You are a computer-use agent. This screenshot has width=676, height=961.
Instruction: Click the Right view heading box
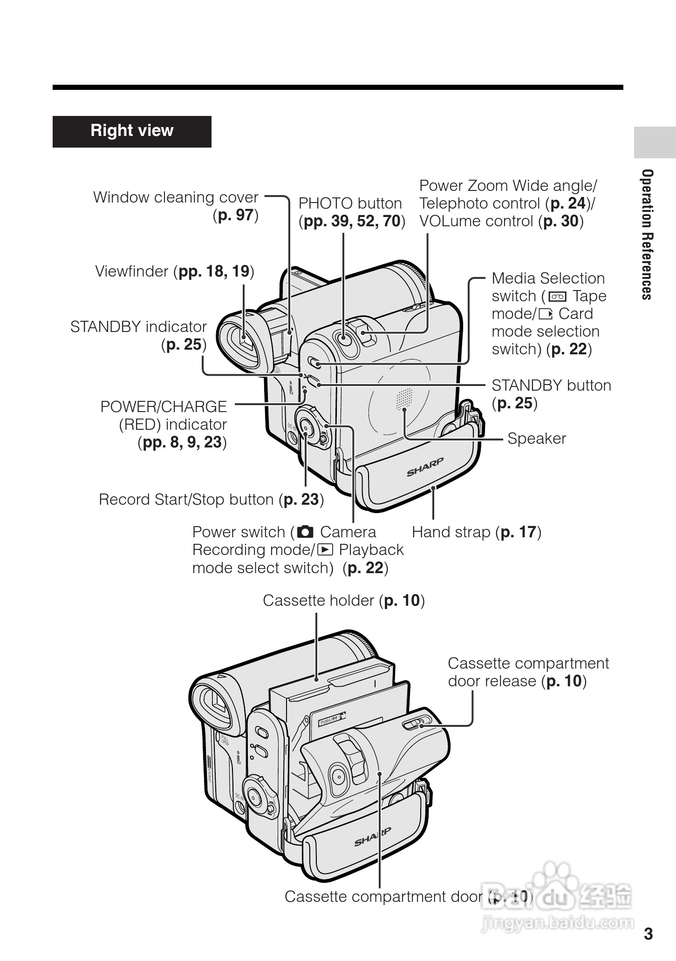tap(132, 131)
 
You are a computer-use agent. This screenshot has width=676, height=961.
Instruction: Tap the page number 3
tap(648, 934)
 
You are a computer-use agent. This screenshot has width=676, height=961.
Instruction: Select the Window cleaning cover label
tap(176, 206)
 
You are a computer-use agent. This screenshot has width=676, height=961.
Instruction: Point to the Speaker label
tap(536, 439)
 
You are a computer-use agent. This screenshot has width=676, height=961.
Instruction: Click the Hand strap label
tap(476, 532)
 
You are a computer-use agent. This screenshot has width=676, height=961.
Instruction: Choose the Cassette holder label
tap(343, 601)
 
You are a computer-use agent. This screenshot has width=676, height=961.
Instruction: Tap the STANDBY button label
tap(551, 394)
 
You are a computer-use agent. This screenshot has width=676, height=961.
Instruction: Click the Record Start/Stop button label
tap(211, 500)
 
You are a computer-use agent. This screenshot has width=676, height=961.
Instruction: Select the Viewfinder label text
tap(175, 271)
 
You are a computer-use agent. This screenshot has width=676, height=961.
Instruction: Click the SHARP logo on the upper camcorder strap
tap(425, 467)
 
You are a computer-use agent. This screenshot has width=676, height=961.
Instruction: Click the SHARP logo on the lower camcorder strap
tap(373, 837)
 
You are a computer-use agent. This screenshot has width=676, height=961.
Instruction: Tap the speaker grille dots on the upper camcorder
tap(404, 399)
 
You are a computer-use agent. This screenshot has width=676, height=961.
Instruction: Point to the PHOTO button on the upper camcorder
tap(344, 338)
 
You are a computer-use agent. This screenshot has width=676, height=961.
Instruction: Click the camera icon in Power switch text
tap(305, 532)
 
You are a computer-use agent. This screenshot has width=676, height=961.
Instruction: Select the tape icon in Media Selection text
tap(557, 297)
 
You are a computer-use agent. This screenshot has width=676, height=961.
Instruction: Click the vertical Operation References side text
tap(647, 235)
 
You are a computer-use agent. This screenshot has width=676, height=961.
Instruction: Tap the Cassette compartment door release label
tap(528, 672)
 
